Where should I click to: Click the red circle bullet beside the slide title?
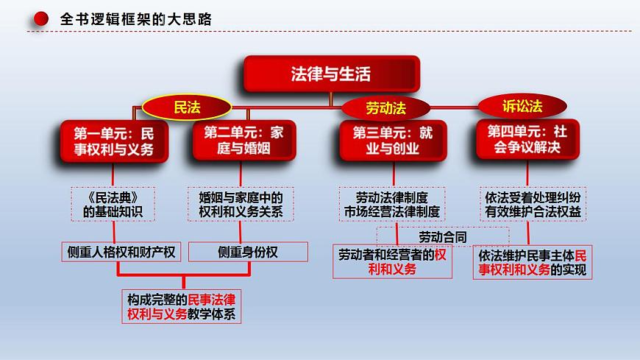pos(40,19)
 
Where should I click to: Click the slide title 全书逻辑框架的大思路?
pos(136,19)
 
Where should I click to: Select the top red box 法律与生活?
pos(332,74)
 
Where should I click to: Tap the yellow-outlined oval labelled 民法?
pos(187,107)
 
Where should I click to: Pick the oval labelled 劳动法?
pos(385,108)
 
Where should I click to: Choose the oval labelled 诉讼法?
pos(522,106)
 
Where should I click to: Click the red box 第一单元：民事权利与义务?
pos(114,141)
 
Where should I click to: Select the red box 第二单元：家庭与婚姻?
pos(244,140)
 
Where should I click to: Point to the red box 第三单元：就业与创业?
pos(393,141)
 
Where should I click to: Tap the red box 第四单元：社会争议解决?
pos(527,139)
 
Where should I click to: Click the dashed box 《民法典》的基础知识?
pos(113,205)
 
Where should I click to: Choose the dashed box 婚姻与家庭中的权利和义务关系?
pos(241,205)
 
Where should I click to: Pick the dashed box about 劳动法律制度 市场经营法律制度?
pos(392,205)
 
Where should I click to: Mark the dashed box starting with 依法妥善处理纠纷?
pos(533,204)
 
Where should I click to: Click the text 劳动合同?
pos(443,237)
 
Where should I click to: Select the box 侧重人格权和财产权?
pos(121,252)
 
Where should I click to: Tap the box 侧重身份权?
pos(248,252)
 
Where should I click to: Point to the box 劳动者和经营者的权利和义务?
pos(392,262)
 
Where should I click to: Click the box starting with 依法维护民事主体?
pos(533,262)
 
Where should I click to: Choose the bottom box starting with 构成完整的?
pos(181,306)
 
